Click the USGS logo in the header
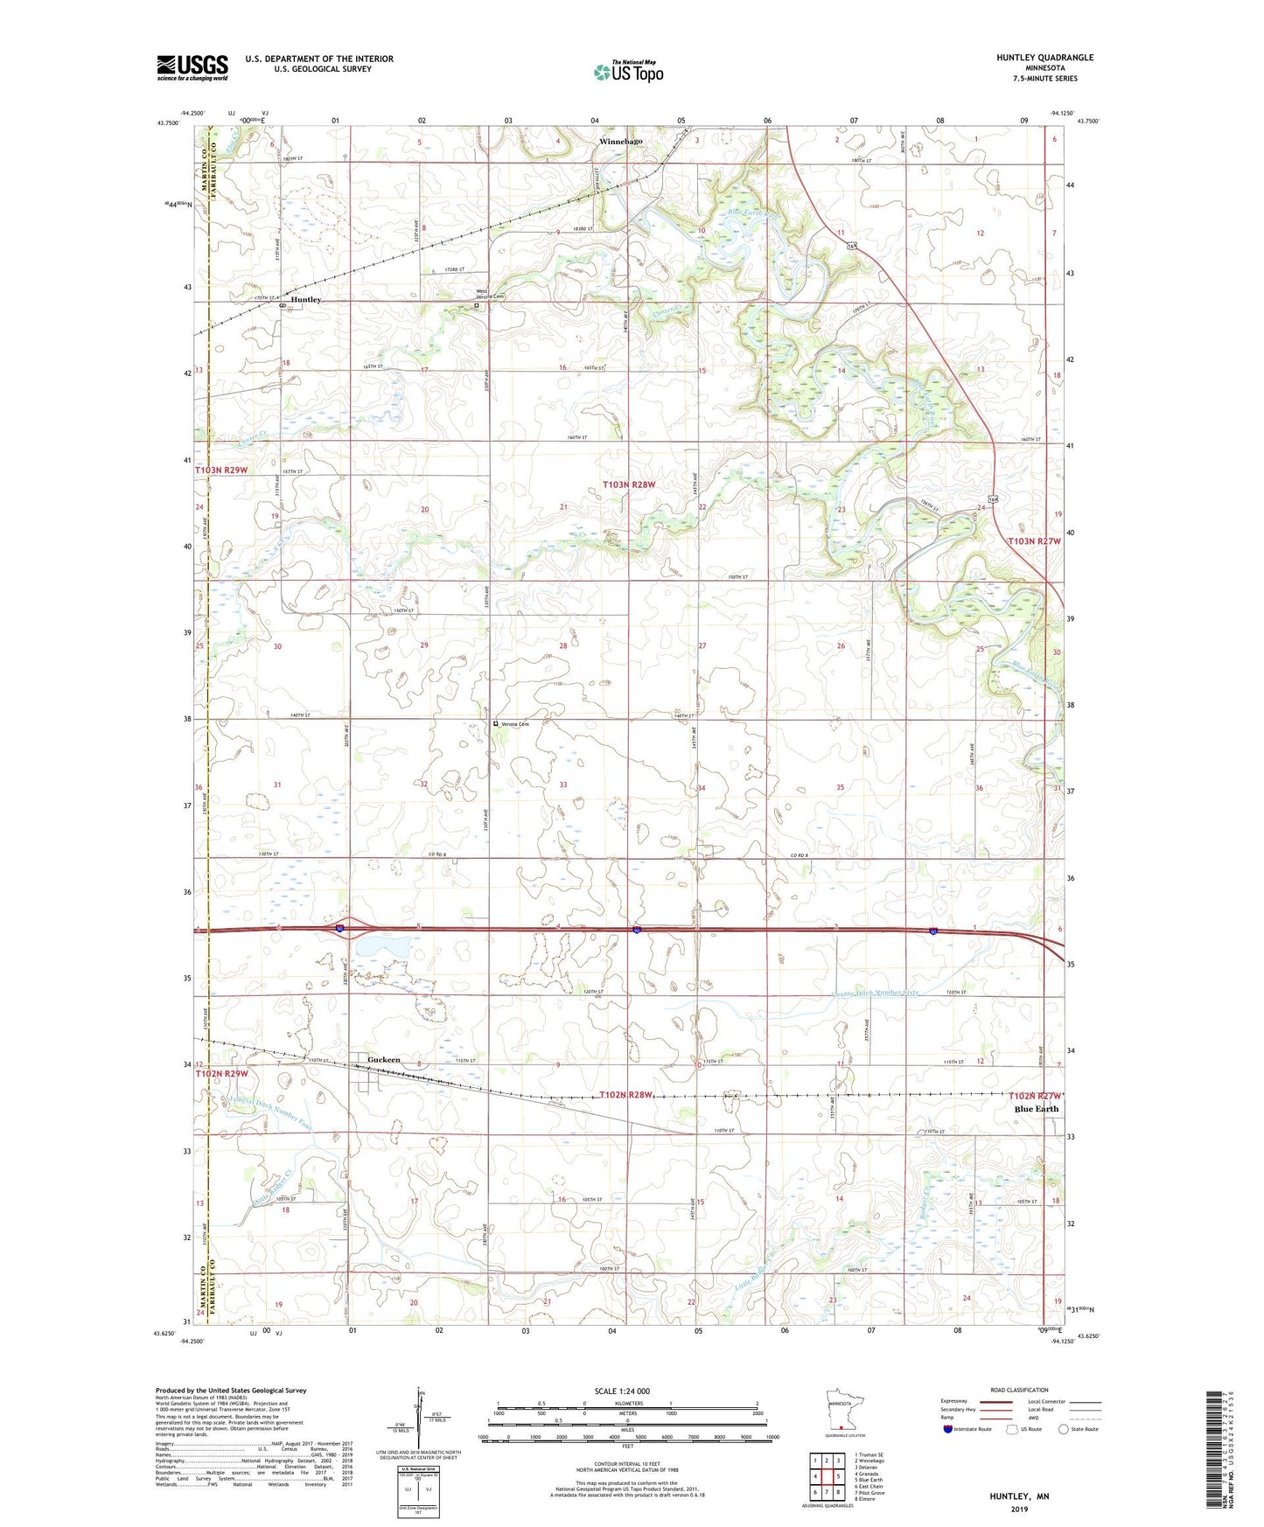pos(192,66)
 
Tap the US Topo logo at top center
pos(627,72)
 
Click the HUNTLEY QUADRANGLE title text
pos(1044,58)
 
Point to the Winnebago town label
pos(620,141)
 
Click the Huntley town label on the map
pos(306,299)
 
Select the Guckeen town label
pos(383,1059)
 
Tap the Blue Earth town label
pos(1036,1109)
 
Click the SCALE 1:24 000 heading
pos(622,1391)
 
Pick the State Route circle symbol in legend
pos(1064,1429)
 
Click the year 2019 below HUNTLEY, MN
pos(1019,1509)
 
